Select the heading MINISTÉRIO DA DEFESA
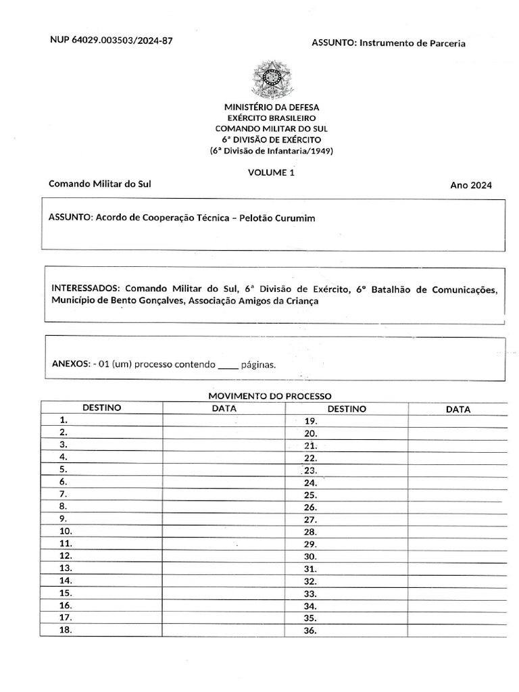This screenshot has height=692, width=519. (x=272, y=107)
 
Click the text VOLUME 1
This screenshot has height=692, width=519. (x=272, y=172)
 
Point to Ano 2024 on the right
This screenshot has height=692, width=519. (x=471, y=185)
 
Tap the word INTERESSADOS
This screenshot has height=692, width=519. (x=86, y=289)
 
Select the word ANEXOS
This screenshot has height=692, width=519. (x=70, y=364)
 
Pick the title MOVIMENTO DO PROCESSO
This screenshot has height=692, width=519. (x=270, y=396)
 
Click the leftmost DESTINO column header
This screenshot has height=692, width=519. (x=101, y=408)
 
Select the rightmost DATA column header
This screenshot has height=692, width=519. (x=458, y=409)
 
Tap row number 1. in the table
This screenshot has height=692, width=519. (x=63, y=420)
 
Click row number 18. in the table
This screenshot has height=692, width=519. (x=66, y=630)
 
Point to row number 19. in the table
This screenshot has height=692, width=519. (x=311, y=421)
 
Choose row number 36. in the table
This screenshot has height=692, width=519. (x=311, y=631)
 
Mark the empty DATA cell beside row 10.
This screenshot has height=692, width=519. (x=223, y=531)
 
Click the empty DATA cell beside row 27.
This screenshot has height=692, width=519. (x=458, y=520)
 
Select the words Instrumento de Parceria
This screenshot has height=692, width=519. (x=412, y=43)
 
